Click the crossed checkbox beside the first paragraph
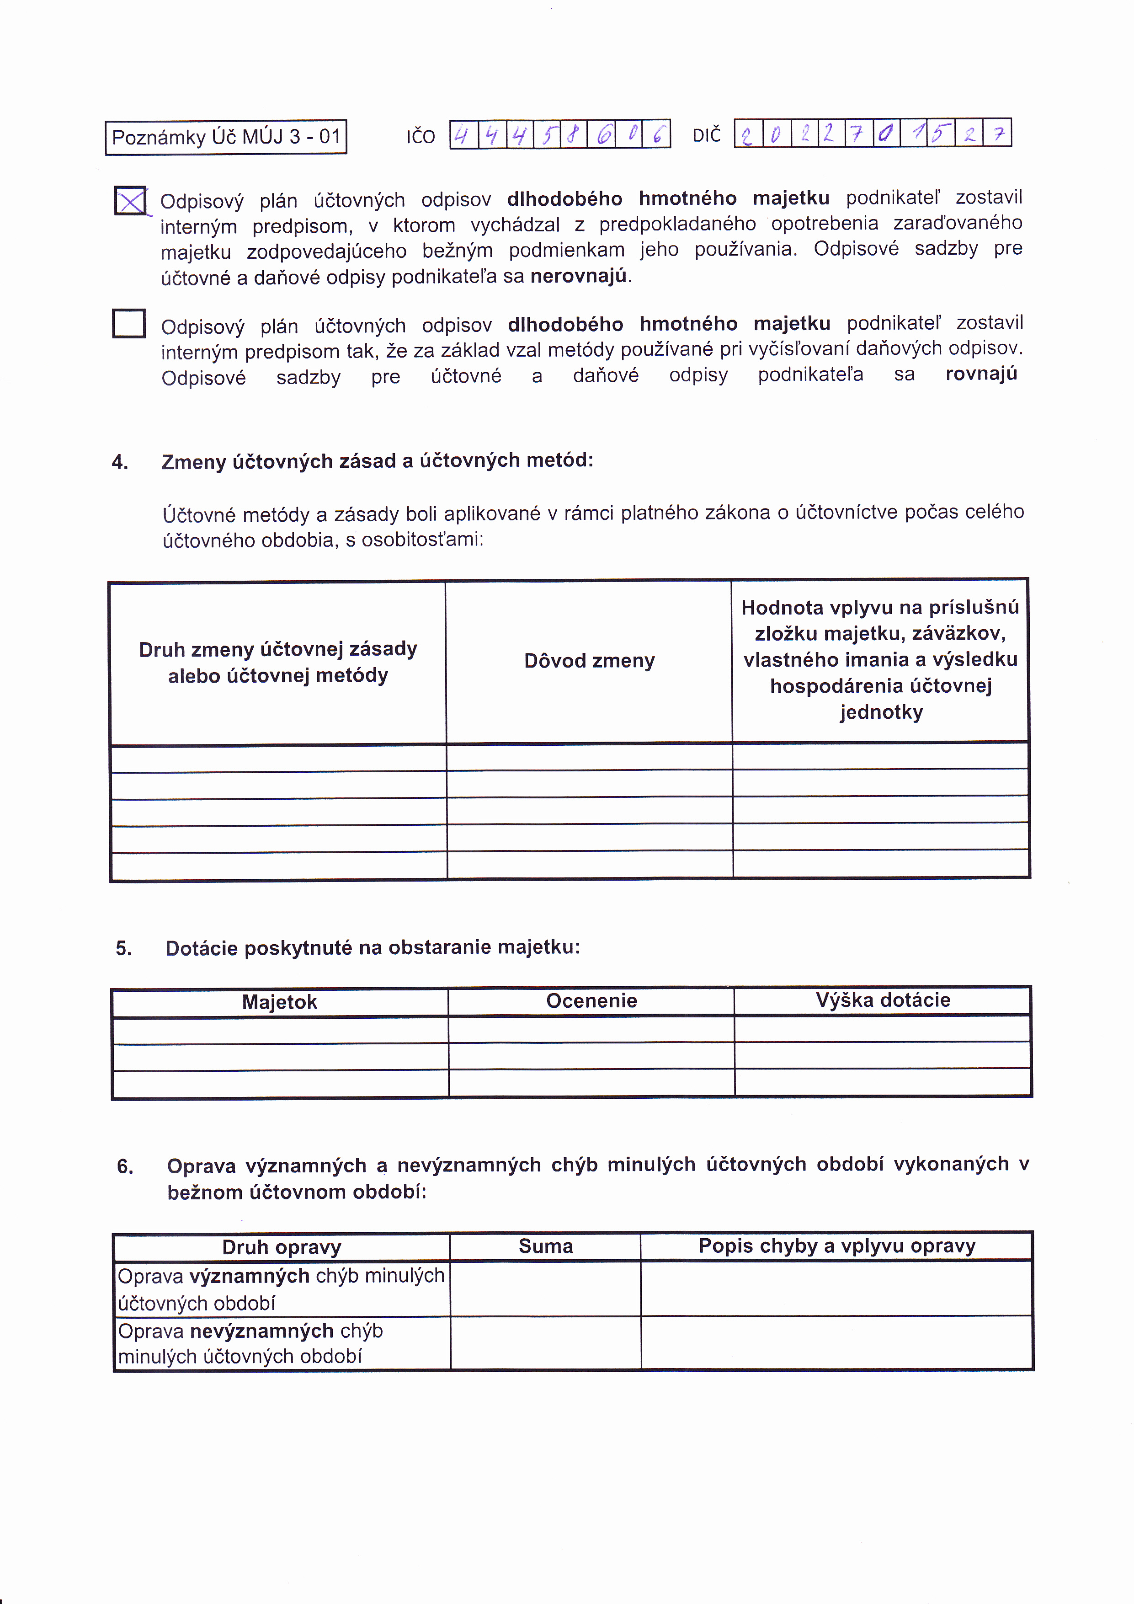(131, 201)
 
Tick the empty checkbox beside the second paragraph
(129, 323)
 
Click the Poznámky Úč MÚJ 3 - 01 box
(225, 137)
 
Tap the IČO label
(421, 137)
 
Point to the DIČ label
(706, 135)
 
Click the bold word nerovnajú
(578, 277)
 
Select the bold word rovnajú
(981, 374)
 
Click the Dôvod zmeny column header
(589, 661)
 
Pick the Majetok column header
(279, 1002)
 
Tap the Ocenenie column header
(591, 1001)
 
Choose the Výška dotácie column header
(883, 1000)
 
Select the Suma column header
(545, 1246)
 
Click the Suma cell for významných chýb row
(545, 1289)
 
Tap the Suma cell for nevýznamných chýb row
(545, 1343)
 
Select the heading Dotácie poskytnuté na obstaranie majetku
(372, 948)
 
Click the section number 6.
(125, 1167)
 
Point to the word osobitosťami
(422, 540)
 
